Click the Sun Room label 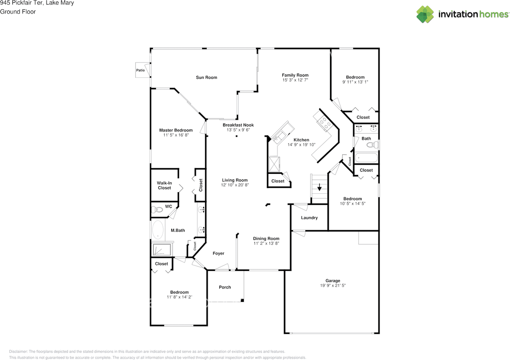(206, 77)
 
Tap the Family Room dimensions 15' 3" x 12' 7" (295, 80)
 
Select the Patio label (141, 70)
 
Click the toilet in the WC (157, 209)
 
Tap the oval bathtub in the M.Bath (158, 230)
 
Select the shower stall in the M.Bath (162, 249)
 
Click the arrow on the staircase (320, 187)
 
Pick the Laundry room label (309, 218)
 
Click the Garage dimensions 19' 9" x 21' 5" (333, 285)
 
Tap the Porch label (225, 287)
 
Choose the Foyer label (218, 254)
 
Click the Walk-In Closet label (164, 185)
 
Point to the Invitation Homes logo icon (425, 14)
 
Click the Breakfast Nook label (238, 125)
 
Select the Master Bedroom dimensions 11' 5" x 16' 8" (176, 135)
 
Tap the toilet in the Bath (373, 145)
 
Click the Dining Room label (266, 238)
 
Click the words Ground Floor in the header (18, 12)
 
